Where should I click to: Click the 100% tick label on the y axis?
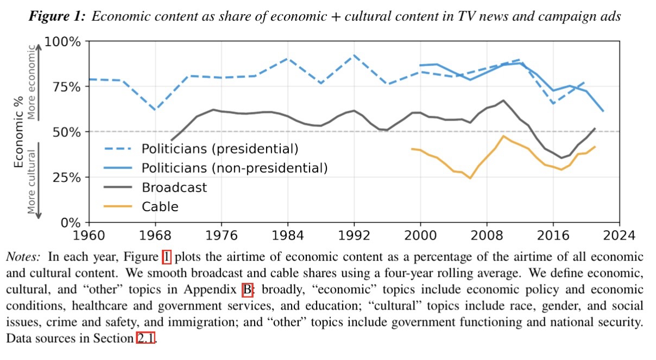click(62, 42)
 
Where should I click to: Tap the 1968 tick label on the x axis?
click(155, 236)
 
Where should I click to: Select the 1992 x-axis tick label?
click(354, 236)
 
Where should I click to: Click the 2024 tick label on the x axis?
click(619, 236)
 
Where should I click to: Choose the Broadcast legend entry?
click(174, 187)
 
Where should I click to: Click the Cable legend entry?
click(160, 206)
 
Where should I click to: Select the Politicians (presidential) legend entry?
click(219, 148)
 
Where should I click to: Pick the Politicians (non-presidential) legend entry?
click(234, 168)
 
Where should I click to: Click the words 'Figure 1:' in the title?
click(57, 16)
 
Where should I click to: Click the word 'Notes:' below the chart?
click(23, 257)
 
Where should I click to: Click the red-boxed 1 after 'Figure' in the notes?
click(167, 257)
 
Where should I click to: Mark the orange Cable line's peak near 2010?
click(504, 136)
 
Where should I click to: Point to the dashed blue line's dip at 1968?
click(155, 110)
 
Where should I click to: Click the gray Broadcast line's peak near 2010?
click(503, 100)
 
